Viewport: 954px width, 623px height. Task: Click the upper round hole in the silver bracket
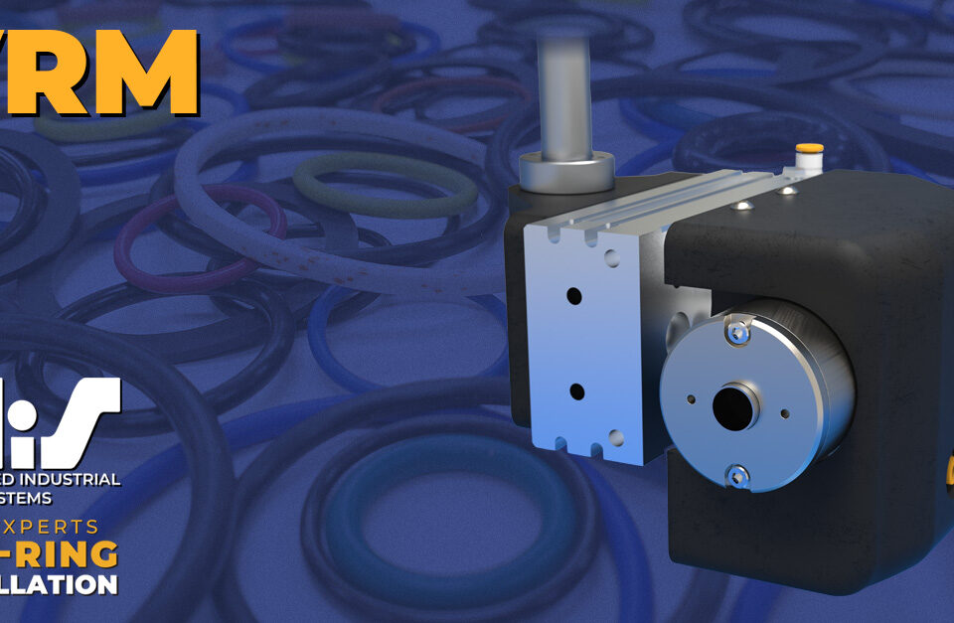[x=574, y=296]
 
